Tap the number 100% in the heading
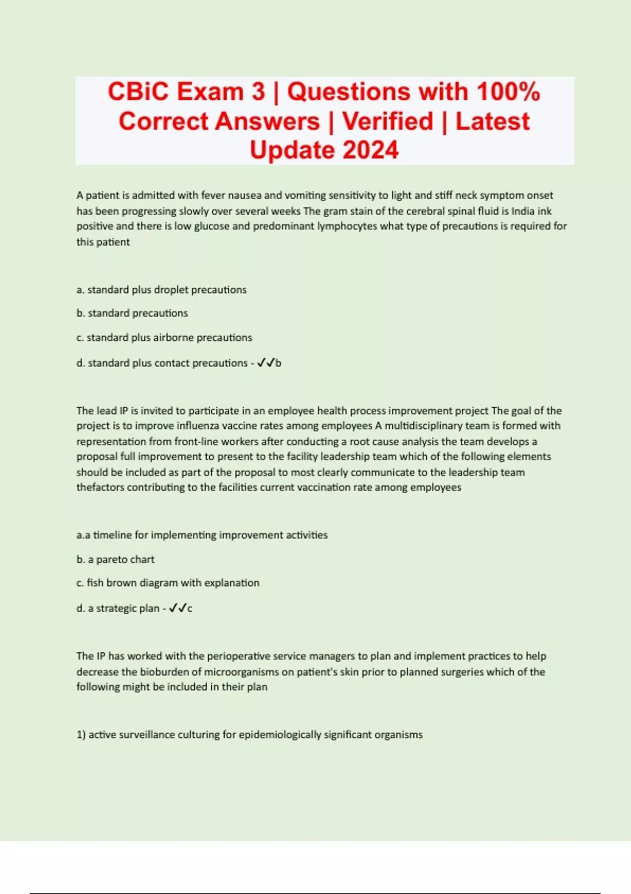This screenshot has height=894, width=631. (x=508, y=92)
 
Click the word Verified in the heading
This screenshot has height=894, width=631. (x=388, y=121)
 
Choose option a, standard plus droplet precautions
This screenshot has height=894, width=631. (x=161, y=290)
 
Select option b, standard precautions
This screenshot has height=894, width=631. (x=132, y=313)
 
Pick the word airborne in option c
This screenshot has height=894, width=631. (x=173, y=338)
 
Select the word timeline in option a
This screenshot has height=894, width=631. (x=113, y=535)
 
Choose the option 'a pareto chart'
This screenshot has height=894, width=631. (x=116, y=560)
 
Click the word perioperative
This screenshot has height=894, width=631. (x=246, y=656)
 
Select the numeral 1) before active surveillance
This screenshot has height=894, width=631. (x=81, y=735)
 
